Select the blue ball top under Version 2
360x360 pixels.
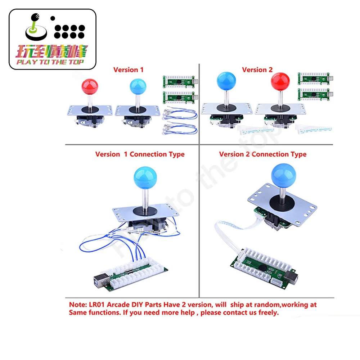point(226,81)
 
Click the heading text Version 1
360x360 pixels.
point(128,69)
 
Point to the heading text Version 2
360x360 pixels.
point(257,69)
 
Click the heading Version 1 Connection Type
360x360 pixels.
point(140,154)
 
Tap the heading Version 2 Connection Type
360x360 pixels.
point(262,154)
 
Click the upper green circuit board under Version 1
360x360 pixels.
point(179,80)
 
